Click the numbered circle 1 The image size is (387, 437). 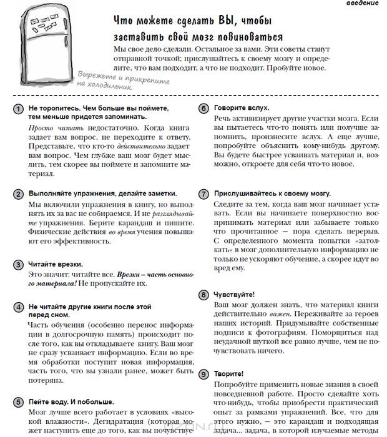(x=19, y=109)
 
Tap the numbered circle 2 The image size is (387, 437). (x=19, y=194)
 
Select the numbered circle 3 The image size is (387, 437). (x=19, y=265)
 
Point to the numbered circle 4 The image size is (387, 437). (x=19, y=308)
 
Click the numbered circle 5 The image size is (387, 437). (x=19, y=401)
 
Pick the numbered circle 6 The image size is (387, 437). (x=203, y=109)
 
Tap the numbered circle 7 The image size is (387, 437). (x=203, y=194)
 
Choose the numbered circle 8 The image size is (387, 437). (x=203, y=294)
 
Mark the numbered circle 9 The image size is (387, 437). (x=203, y=374)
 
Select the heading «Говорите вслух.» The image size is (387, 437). (x=242, y=108)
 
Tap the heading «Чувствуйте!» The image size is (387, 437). (x=234, y=293)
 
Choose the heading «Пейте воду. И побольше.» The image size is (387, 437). (x=71, y=401)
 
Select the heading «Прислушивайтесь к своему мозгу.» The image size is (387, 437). (x=272, y=194)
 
